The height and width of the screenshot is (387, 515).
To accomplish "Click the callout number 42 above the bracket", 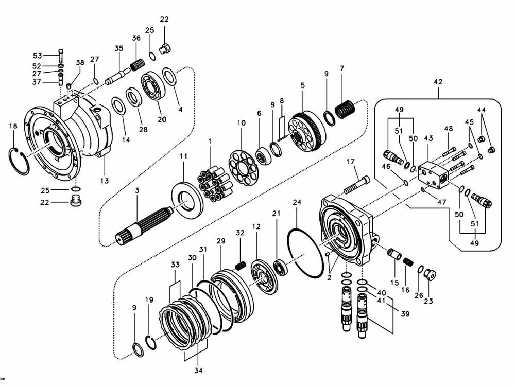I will (438, 82).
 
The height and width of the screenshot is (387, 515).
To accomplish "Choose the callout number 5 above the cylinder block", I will (302, 85).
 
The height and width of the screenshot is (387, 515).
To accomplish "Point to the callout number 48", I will (449, 128).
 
